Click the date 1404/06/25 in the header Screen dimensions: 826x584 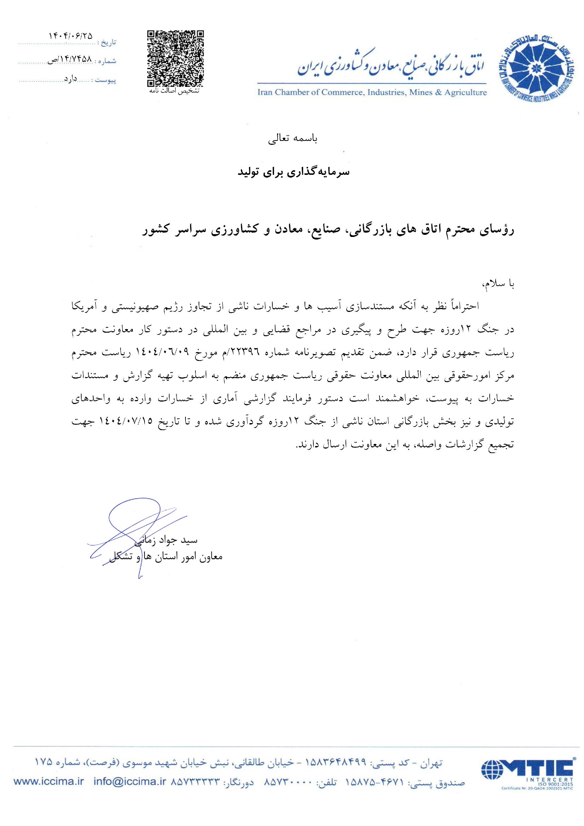pyautogui.click(x=70, y=36)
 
